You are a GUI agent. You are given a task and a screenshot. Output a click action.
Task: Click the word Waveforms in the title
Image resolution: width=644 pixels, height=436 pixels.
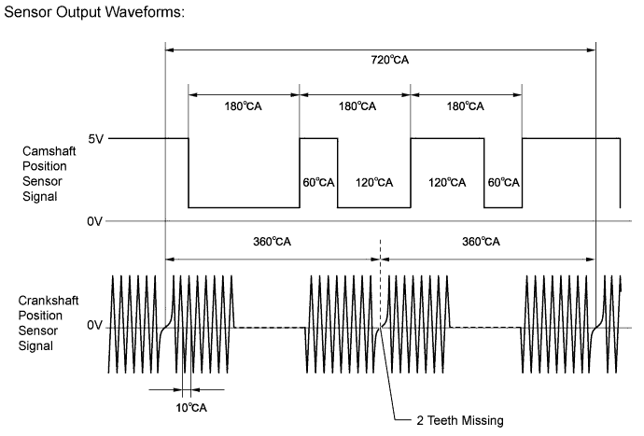coord(145,11)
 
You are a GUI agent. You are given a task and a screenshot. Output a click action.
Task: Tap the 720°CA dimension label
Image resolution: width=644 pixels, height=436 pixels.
coord(390,60)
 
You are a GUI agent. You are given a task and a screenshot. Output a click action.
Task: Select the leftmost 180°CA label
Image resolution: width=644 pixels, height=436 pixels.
coord(243,106)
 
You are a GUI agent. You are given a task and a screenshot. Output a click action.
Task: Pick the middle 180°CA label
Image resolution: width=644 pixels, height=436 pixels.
coord(357,106)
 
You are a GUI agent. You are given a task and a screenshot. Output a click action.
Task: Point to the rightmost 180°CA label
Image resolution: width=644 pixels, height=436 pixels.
coord(466,106)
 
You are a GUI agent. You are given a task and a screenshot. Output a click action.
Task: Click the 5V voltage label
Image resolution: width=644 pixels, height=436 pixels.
coord(95,139)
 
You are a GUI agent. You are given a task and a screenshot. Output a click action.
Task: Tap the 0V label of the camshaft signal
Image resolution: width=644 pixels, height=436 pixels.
coord(94,221)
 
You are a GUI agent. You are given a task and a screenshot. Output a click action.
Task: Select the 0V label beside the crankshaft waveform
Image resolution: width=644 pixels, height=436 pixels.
coord(94,326)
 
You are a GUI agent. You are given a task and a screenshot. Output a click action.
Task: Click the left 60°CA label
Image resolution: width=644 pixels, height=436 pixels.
coord(318,182)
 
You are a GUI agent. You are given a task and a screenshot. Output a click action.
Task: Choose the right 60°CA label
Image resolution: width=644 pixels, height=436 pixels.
coord(504,182)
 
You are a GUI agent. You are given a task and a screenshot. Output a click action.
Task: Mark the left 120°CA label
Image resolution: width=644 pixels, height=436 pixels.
coord(374,182)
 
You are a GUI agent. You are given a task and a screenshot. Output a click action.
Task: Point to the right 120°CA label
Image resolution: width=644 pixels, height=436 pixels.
coord(447,182)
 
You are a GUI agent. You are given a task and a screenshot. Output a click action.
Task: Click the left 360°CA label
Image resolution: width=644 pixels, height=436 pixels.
coord(272,242)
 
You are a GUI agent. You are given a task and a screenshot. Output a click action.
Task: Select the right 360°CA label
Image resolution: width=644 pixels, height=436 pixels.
coord(481,242)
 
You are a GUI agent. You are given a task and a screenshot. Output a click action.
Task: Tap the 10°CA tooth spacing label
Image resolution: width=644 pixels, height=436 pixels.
coord(191,408)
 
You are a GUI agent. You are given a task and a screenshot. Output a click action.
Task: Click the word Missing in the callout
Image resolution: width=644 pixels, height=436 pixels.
coord(483,421)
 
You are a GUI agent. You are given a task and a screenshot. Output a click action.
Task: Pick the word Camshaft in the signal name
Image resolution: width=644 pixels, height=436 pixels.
coord(49,151)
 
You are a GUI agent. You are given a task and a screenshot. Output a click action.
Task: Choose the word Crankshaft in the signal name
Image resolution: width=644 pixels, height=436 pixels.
coord(48,301)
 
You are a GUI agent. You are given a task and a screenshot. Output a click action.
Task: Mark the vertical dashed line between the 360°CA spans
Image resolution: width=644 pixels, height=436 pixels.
coord(380,283)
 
